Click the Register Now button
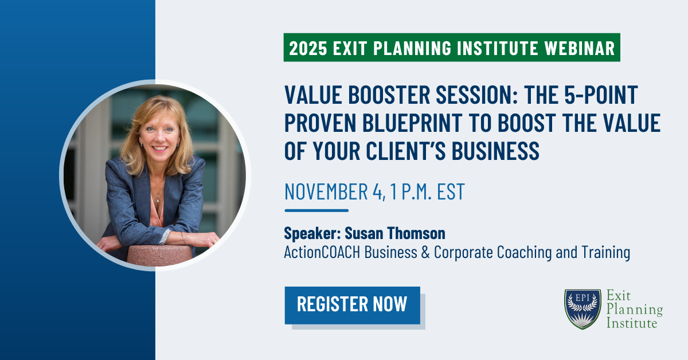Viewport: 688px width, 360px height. (x=352, y=306)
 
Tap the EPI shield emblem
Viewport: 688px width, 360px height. (x=583, y=309)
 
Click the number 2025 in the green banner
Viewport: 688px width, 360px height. (x=308, y=48)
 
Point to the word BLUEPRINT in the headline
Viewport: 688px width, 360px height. (x=412, y=123)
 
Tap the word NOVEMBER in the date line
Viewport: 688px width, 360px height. (x=326, y=191)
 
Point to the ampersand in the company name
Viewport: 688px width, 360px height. (x=425, y=252)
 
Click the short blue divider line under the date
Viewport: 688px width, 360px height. (x=316, y=210)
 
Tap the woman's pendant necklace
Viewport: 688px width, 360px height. (x=158, y=200)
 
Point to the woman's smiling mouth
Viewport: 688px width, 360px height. (x=159, y=148)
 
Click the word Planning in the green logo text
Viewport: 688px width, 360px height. (x=635, y=310)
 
